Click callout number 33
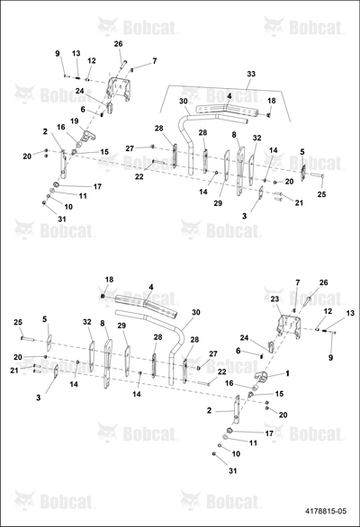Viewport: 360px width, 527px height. click(251, 74)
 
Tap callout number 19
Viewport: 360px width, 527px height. click(75, 121)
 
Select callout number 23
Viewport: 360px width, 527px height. click(274, 299)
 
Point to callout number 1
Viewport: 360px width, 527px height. click(287, 373)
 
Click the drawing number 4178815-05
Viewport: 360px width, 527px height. click(325, 511)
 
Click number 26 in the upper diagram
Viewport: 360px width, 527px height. click(119, 44)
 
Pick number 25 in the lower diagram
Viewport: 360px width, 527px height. click(18, 322)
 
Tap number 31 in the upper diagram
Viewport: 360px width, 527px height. click(61, 219)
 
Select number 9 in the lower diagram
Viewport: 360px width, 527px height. click(330, 358)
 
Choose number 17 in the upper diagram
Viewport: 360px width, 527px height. click(97, 186)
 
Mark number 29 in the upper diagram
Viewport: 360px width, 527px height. click(218, 203)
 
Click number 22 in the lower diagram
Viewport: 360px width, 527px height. click(221, 371)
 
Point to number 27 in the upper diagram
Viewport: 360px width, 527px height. click(130, 148)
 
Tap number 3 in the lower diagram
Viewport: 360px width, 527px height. click(39, 397)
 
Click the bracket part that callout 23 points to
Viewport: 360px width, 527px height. click(288, 326)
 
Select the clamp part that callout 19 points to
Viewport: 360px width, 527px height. click(88, 135)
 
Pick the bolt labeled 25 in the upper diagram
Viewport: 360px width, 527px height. click(316, 174)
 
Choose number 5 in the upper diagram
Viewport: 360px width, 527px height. click(302, 152)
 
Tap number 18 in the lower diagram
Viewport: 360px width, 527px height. click(109, 280)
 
